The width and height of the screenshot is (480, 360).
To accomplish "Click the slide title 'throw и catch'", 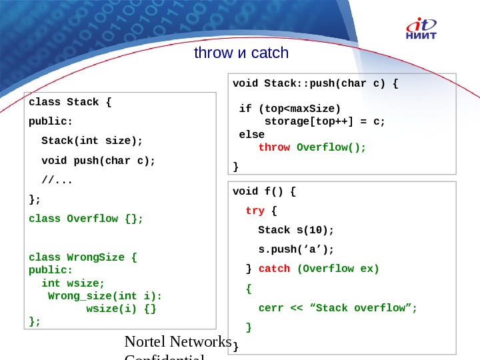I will coord(241,53).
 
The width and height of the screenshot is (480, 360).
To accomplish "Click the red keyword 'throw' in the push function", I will coord(274,147).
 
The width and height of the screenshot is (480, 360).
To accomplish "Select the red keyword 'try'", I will coord(255,211).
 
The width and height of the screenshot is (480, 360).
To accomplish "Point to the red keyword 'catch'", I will coord(274,269).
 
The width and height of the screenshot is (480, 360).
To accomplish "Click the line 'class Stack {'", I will coord(71,102).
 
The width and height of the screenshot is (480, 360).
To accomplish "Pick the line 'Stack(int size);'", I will coord(92,141).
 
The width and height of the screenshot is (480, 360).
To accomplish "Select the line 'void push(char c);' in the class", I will coord(98,160).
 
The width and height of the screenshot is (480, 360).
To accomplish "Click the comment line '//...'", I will coord(57,179).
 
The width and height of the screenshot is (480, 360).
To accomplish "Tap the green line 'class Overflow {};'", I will coord(86,218).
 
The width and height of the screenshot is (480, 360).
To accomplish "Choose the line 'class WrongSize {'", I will coord(83,257).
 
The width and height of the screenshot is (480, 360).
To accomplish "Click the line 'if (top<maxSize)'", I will coord(289,109).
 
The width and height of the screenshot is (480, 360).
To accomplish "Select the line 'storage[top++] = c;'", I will coord(325,121).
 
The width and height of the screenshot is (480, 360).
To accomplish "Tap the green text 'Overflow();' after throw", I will coord(331,147).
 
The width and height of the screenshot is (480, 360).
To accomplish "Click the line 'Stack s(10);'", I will coord(295,230).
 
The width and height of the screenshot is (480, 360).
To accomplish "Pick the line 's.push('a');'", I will coord(295,249).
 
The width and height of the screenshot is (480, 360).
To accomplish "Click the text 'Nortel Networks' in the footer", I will coord(178,342).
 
